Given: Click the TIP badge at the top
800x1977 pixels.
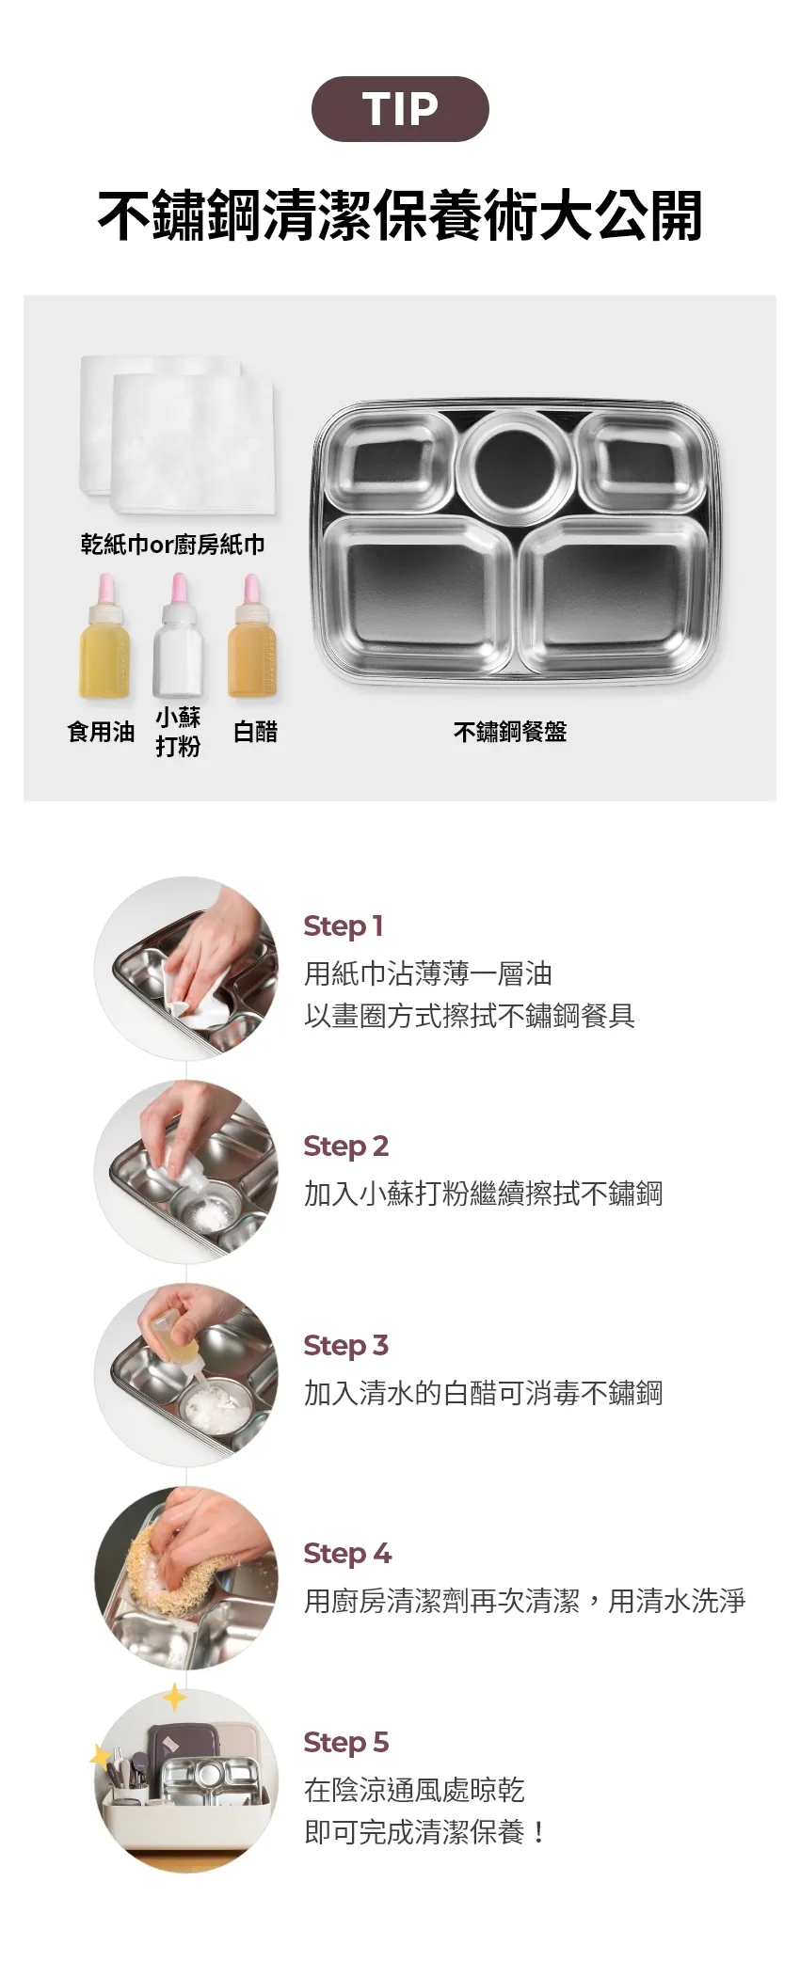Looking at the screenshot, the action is click(400, 109).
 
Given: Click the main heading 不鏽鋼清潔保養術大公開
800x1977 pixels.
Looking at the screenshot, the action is click(400, 215).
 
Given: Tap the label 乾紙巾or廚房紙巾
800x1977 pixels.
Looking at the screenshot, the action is click(172, 545).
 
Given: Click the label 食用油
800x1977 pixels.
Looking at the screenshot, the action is click(102, 732).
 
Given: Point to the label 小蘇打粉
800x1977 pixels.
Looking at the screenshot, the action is click(178, 732).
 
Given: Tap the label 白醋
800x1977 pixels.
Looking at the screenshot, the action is click(255, 732).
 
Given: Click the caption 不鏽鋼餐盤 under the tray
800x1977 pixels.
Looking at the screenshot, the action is click(510, 732).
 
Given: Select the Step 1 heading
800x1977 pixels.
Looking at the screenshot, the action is click(343, 926).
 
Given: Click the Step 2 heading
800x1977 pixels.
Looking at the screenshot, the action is click(345, 1147).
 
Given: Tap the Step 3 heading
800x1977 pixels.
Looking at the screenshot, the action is click(345, 1346).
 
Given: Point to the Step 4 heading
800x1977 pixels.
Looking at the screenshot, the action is click(347, 1554).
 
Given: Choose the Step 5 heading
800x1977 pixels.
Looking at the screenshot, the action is click(345, 1743).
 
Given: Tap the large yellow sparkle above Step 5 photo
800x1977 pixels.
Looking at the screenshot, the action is click(175, 1697).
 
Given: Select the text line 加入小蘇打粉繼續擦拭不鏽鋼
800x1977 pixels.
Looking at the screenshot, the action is click(483, 1194).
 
